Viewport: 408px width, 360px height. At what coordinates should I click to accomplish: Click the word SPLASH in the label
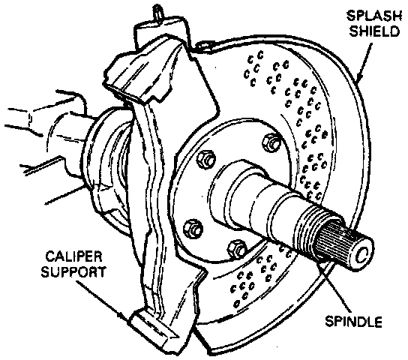coord(374,16)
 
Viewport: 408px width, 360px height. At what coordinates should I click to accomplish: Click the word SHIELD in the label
coord(374,31)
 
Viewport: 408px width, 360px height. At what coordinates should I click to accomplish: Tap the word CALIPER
coord(73,256)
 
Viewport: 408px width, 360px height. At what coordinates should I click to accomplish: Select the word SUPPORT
coord(73,272)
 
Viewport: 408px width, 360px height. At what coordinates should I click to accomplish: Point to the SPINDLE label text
coord(353,322)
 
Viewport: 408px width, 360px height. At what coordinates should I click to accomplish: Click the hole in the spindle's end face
coord(362,256)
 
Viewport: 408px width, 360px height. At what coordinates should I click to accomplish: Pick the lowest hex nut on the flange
coord(237,248)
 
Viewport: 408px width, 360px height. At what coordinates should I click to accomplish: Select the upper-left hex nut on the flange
coord(206,159)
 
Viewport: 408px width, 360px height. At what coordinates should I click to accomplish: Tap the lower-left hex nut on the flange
coord(193,229)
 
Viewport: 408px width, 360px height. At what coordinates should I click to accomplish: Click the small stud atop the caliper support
coord(158,12)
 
